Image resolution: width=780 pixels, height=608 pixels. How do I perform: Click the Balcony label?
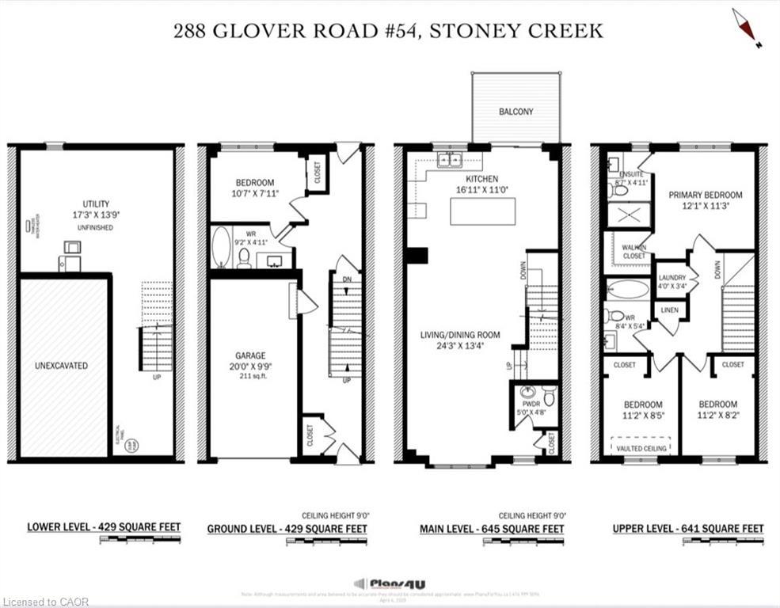[x=516, y=112]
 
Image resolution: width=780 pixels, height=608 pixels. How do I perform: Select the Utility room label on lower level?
[x=96, y=203]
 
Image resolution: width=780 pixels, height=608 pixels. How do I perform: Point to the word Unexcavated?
[x=61, y=366]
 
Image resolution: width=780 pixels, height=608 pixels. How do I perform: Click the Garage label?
[x=249, y=355]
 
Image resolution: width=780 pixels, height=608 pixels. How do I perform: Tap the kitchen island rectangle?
[x=482, y=211]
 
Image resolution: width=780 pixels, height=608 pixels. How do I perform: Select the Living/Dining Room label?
[x=458, y=335]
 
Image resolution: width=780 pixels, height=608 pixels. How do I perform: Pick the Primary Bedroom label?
[x=705, y=195]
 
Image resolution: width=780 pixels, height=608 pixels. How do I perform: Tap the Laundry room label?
[x=672, y=277]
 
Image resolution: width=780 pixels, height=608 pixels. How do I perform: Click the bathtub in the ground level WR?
[x=222, y=246]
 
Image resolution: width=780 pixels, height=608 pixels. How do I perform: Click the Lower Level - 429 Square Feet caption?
[x=104, y=527]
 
